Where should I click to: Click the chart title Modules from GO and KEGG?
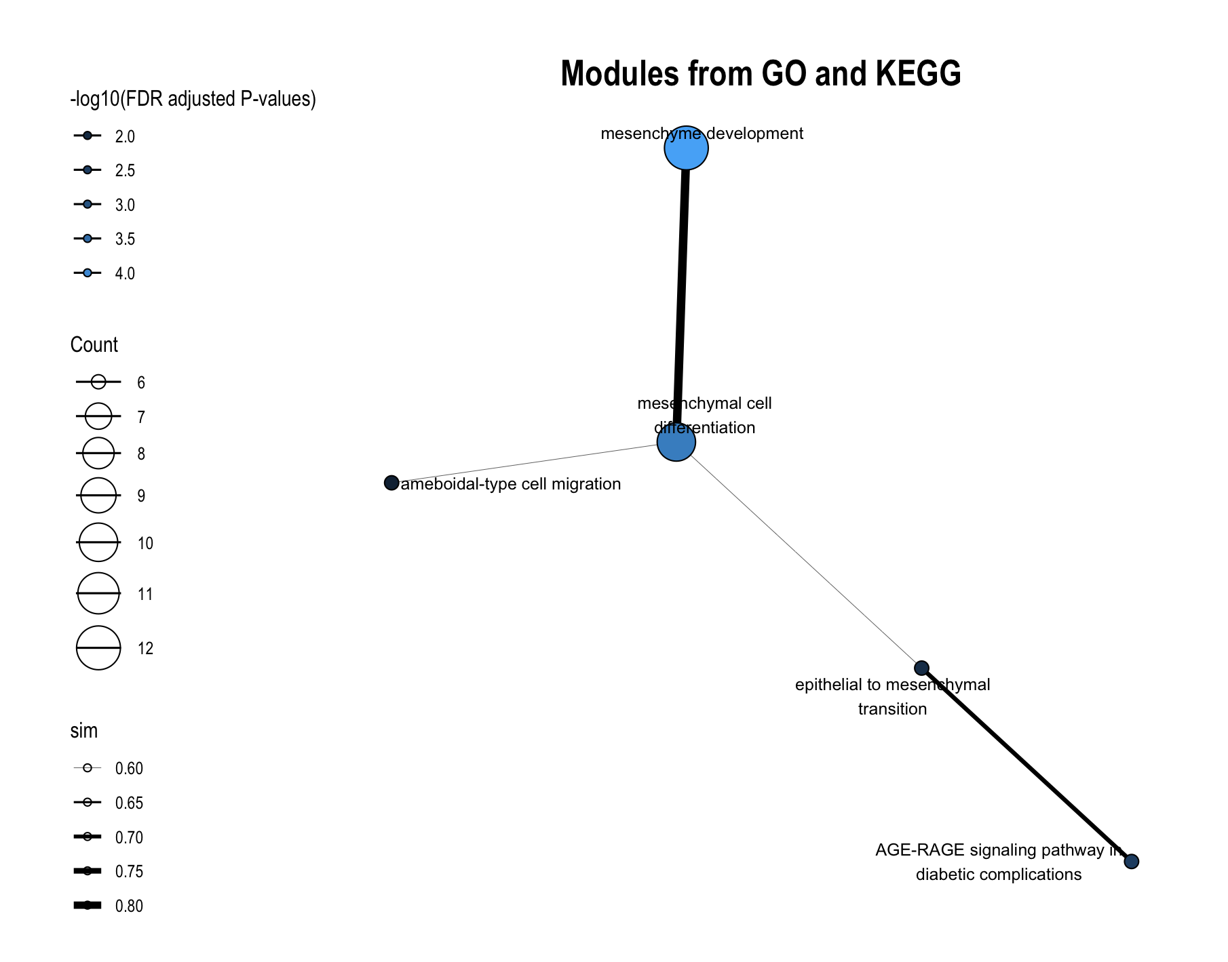(761, 73)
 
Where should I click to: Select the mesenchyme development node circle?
(686, 148)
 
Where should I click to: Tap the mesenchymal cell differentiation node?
(676, 442)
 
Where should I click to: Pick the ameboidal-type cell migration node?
(391, 483)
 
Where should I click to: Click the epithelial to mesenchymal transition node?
(921, 668)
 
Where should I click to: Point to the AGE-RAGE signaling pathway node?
(1131, 862)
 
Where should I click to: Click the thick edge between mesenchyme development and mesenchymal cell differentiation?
(681, 295)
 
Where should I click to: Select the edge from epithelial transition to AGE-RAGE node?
(1026, 765)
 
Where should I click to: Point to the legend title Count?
(94, 345)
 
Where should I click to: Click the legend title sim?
(84, 731)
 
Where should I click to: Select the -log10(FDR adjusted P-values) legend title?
(193, 100)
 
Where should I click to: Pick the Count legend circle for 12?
(98, 648)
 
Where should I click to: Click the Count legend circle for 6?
(98, 382)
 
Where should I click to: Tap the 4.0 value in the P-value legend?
(125, 274)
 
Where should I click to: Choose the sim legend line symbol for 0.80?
(88, 906)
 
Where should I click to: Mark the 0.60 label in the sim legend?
(129, 769)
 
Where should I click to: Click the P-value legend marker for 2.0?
(88, 136)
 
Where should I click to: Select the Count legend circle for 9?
(98, 496)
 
